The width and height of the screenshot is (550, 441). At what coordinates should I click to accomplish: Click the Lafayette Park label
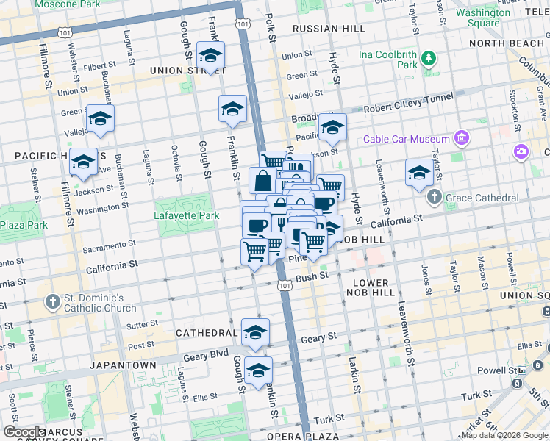pyautogui.click(x=187, y=216)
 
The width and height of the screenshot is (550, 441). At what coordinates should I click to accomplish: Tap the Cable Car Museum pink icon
pyautogui.click(x=461, y=138)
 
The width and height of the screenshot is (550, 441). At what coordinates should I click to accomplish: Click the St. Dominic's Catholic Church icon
pyautogui.click(x=53, y=302)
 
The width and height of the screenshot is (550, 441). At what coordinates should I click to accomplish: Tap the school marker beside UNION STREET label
pyautogui.click(x=211, y=56)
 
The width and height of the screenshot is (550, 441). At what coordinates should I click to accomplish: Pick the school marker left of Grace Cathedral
pyautogui.click(x=419, y=173)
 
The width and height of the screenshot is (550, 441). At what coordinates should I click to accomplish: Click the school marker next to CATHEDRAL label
pyautogui.click(x=255, y=332)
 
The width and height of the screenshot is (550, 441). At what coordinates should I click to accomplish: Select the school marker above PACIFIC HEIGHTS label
pyautogui.click(x=100, y=119)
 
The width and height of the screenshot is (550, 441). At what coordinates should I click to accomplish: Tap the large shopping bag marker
pyautogui.click(x=263, y=180)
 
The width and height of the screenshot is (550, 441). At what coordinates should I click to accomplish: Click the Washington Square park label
pyautogui.click(x=482, y=18)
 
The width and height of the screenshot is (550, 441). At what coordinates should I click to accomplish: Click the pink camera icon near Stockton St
pyautogui.click(x=521, y=152)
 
